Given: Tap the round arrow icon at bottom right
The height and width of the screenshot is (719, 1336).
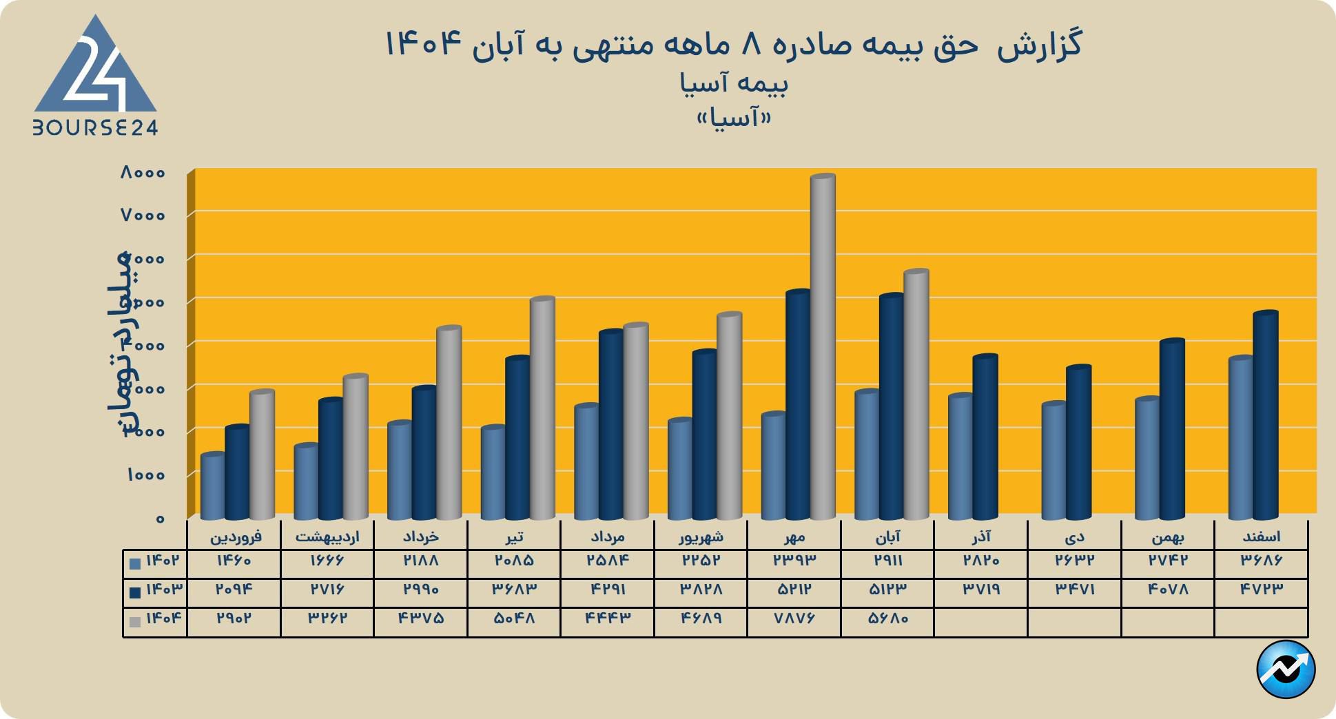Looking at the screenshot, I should (1286, 669).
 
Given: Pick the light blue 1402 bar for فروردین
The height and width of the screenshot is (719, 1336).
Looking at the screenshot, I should (212, 486).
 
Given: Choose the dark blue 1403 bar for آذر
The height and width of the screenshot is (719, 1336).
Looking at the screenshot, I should (985, 437).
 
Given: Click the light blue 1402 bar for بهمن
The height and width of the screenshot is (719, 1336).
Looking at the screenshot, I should (1147, 458).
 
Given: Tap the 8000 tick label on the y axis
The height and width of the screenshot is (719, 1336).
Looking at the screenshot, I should (143, 172).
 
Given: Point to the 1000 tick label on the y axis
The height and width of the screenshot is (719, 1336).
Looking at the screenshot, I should (145, 475).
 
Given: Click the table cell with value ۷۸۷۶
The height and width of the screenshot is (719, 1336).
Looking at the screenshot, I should (794, 618).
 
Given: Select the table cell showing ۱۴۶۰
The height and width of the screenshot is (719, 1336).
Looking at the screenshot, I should (234, 561).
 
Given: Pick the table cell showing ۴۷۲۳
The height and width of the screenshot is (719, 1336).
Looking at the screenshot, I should (1262, 590).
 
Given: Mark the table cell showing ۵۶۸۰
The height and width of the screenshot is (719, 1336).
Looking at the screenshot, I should (888, 618).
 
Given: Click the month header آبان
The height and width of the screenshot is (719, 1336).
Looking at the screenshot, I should (887, 536).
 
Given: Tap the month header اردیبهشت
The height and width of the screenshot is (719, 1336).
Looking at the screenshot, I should (327, 536).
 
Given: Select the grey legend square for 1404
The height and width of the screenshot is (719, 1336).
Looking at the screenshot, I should (135, 622).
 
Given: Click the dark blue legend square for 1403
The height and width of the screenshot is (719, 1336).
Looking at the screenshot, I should (135, 592).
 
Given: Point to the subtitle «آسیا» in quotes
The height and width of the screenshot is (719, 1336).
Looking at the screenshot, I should (734, 118).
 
